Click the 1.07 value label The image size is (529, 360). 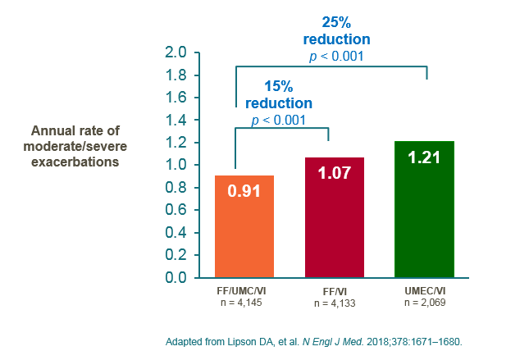pos(334,175)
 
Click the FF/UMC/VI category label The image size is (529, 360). pos(244,290)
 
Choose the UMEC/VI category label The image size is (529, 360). pos(424,290)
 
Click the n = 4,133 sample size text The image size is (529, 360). pos(334,303)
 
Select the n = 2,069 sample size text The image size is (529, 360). pos(424,303)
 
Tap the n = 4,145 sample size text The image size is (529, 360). pos(244,303)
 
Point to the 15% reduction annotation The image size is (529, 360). pos(279,94)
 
